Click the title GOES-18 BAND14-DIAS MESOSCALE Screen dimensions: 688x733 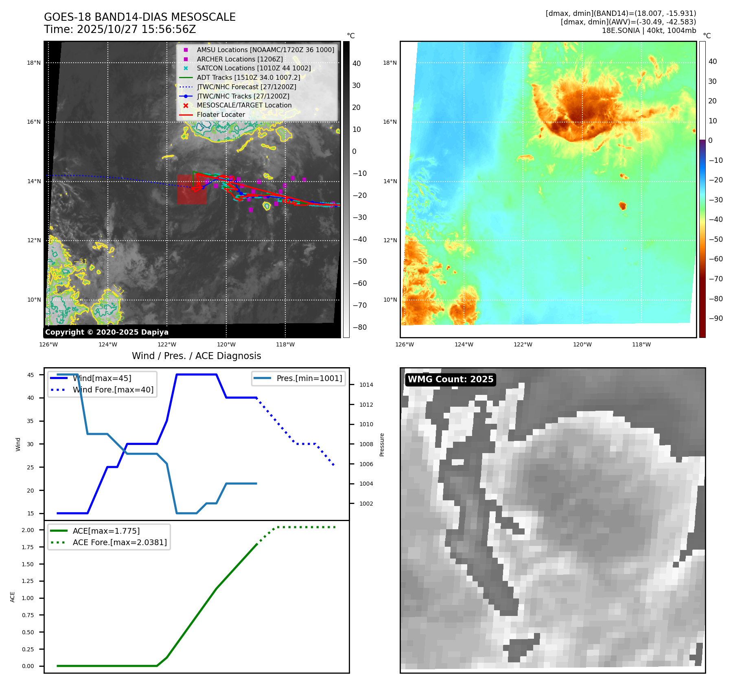coord(140,17)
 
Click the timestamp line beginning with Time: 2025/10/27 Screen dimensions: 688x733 coord(120,29)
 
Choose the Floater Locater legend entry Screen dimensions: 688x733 coord(221,115)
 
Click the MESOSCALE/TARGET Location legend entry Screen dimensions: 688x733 coord(244,105)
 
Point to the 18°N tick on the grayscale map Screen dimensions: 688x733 coord(34,63)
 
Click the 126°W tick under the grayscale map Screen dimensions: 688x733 coord(48,345)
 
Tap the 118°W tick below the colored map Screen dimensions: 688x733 coord(641,345)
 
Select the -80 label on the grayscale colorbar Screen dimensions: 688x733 coord(359,327)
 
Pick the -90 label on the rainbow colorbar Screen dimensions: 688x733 coord(715,318)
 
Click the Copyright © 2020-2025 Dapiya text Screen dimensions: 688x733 coord(107,332)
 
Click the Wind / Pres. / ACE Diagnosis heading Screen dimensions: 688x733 coord(197,356)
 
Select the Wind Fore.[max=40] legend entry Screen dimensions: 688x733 coord(113,390)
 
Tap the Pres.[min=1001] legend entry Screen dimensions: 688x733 coord(309,378)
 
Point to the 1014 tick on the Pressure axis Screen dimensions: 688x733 coord(366,385)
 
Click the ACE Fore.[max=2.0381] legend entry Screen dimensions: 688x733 coord(120,542)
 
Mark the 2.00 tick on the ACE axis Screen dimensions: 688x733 coord(28,530)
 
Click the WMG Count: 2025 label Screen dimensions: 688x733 coord(451,379)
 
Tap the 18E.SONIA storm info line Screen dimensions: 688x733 coord(649,31)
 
